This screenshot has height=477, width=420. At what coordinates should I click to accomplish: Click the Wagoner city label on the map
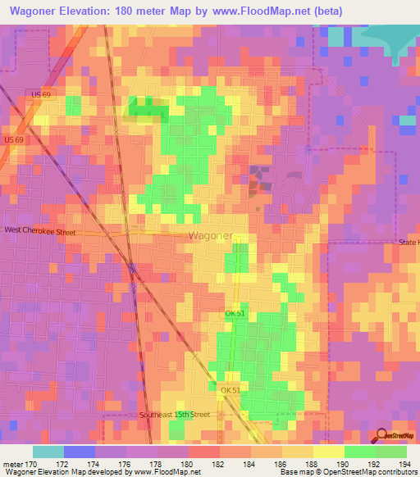click(x=210, y=236)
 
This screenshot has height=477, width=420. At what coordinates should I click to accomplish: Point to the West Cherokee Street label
click(x=39, y=232)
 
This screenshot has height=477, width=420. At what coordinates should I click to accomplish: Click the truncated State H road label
click(x=408, y=243)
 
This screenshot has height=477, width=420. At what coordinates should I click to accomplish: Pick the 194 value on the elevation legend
click(x=406, y=464)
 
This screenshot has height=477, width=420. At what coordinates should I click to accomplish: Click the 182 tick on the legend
click(x=219, y=464)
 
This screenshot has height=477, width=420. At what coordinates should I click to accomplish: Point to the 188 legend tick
click(x=313, y=464)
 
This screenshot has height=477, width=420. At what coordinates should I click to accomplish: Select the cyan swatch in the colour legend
click(x=48, y=452)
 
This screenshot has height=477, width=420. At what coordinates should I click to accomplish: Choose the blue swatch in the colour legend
click(x=80, y=452)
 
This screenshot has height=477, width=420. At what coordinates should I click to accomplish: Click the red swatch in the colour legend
click(x=204, y=452)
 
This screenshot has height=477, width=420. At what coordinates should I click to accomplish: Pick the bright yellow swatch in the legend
click(x=329, y=452)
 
